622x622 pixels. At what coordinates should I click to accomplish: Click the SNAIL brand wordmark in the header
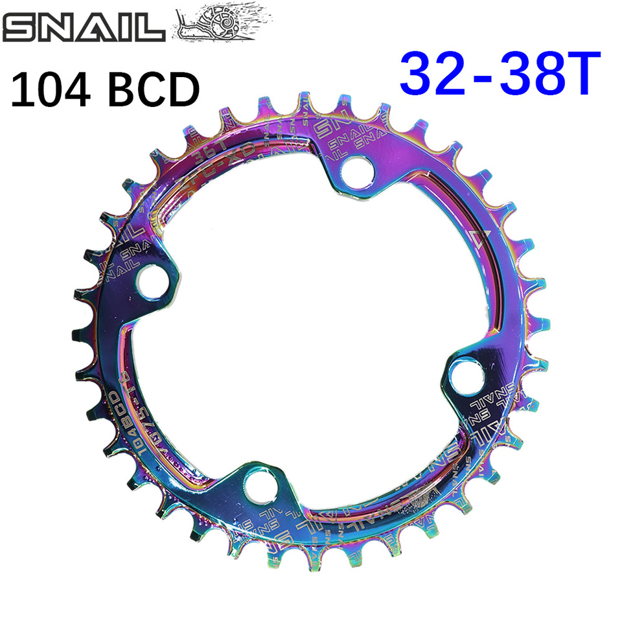point(84,29)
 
